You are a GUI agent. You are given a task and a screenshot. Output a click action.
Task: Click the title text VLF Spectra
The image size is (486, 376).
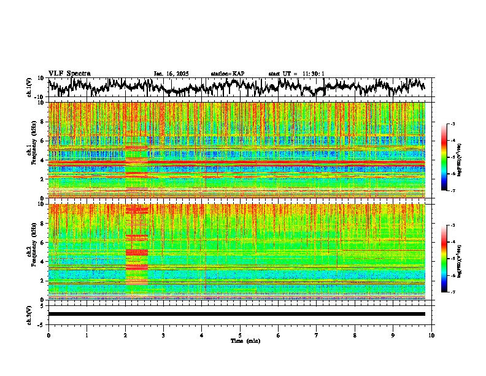coord(69,73)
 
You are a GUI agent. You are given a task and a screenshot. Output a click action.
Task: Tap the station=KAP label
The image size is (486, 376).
coord(227,74)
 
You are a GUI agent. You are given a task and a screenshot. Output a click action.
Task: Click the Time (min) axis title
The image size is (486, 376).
coord(245,340)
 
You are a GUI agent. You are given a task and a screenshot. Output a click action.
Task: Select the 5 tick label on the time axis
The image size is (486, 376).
coord(240,335)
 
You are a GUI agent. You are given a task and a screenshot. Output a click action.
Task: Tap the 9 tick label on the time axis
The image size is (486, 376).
coord(393,335)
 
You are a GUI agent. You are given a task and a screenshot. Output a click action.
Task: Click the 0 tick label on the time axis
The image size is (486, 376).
coord(48,335)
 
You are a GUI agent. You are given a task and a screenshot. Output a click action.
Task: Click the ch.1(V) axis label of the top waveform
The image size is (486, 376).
coord(29,87)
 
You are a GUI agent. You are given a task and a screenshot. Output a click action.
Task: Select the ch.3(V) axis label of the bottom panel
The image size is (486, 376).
coord(29,314)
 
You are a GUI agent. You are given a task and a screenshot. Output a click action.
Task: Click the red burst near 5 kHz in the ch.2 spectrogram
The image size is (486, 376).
coord(136,252)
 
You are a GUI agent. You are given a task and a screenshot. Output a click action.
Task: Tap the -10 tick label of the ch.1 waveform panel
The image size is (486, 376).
coord(40,97)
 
